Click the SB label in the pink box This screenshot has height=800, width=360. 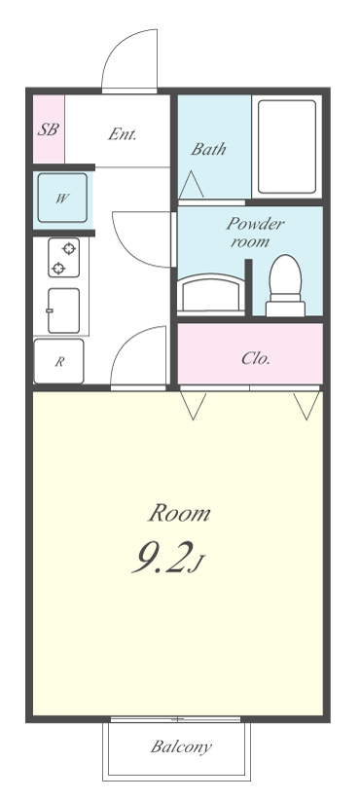(48, 129)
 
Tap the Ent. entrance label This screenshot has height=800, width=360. (123, 134)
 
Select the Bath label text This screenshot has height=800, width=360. (208, 149)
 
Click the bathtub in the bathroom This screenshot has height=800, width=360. (287, 146)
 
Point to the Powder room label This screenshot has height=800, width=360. (256, 232)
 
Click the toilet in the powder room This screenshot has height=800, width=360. (285, 286)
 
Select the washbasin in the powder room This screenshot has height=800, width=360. (210, 293)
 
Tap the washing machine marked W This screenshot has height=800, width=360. (62, 198)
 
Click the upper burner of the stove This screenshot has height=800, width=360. (68, 248)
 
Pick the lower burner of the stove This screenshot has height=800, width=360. (58, 268)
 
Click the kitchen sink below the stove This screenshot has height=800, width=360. (63, 310)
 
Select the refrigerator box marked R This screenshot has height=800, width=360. (58, 361)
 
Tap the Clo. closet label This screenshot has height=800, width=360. (256, 359)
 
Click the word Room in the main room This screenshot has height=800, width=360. (179, 513)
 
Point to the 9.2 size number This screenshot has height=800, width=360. (163, 557)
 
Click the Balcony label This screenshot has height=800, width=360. (181, 746)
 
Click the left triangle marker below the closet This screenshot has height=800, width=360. (194, 406)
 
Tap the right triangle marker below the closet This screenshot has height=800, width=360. (306, 406)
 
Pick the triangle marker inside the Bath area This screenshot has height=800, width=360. (192, 184)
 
